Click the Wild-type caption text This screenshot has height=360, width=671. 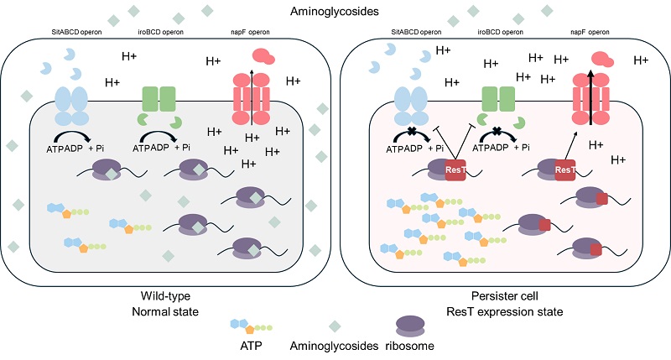[164, 297]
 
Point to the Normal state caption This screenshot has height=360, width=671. [164, 311]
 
